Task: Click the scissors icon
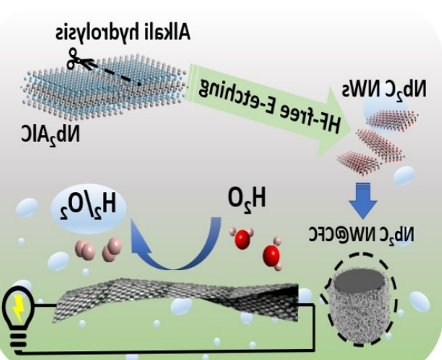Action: pos(74,59)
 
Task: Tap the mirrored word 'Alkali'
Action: pos(167,32)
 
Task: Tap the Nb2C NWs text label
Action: pos(384,88)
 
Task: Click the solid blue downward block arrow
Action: pos(363,200)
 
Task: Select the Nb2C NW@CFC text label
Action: pos(362,234)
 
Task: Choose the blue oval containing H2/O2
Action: pos(88,209)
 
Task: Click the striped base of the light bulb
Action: pos(19,341)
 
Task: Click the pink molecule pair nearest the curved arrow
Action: pos(112,249)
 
